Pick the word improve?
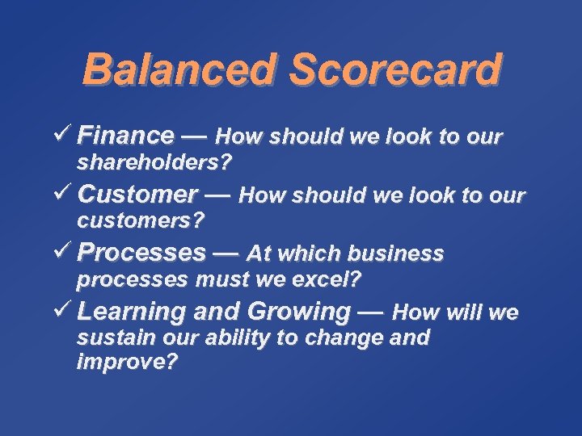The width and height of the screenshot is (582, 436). [x=127, y=362]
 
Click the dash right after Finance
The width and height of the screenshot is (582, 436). [x=194, y=135]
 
